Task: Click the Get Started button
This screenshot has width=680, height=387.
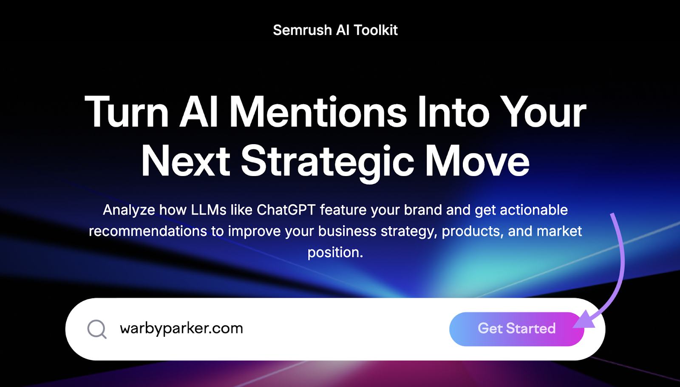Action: coord(516,329)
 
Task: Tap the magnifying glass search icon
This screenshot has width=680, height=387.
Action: coord(97,329)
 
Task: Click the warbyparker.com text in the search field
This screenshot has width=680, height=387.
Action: coord(181,328)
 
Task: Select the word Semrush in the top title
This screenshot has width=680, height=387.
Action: coord(302,30)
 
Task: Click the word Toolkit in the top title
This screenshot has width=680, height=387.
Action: coord(376,30)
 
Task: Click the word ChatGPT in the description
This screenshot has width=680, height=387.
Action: coord(286,210)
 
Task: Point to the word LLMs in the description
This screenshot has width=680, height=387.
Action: coord(209,210)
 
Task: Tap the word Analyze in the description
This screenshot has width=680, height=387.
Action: coord(129,210)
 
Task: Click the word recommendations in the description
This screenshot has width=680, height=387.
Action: coord(148,231)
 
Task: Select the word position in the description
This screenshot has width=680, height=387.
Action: coord(335,253)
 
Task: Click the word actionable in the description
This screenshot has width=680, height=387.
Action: coord(534,210)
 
